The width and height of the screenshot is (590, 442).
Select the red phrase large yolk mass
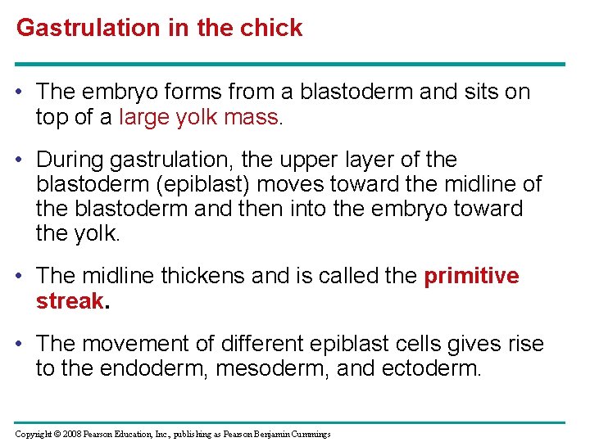[199, 117]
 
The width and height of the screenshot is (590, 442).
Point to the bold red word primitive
[471, 276]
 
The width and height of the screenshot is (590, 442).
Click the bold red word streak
[70, 300]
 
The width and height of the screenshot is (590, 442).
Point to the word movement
[135, 344]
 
